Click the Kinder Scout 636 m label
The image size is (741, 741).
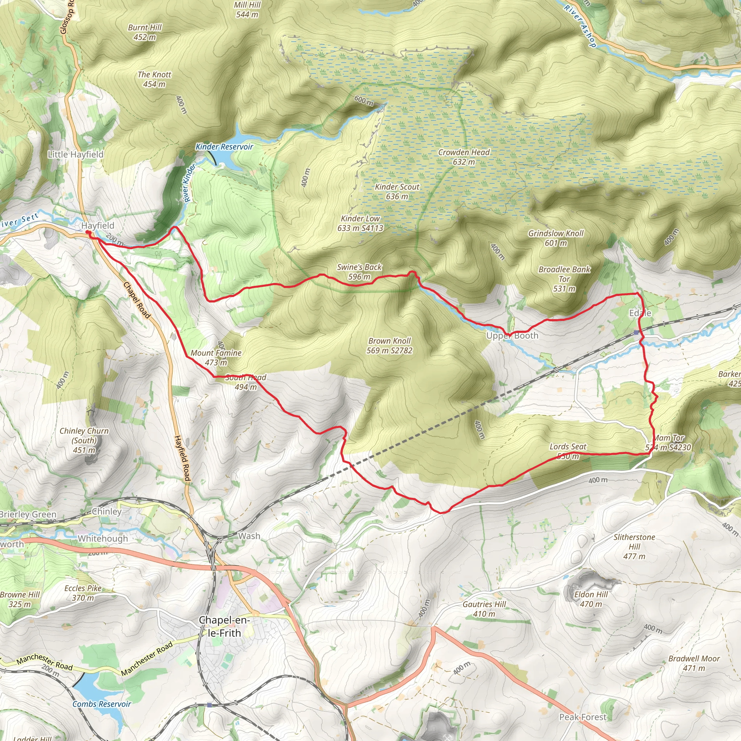tap(397, 191)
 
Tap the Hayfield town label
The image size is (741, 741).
tap(98, 225)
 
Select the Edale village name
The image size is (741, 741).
tap(640, 313)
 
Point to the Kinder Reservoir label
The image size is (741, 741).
tap(224, 147)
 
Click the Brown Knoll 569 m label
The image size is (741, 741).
tap(389, 345)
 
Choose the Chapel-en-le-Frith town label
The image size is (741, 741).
tap(224, 626)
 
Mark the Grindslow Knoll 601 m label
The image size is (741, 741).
tap(556, 238)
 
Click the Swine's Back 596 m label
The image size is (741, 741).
tap(359, 272)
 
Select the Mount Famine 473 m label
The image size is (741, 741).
tap(216, 357)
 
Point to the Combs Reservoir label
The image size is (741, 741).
tap(102, 704)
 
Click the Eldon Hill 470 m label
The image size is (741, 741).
tap(591, 599)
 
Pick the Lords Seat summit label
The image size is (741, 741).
tap(568, 451)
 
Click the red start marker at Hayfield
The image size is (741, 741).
tap(88, 232)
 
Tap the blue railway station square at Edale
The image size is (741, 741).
tap(636, 332)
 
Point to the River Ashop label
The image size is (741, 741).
tap(580, 26)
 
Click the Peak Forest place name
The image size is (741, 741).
tap(583, 717)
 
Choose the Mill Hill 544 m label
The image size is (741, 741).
tap(247, 10)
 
